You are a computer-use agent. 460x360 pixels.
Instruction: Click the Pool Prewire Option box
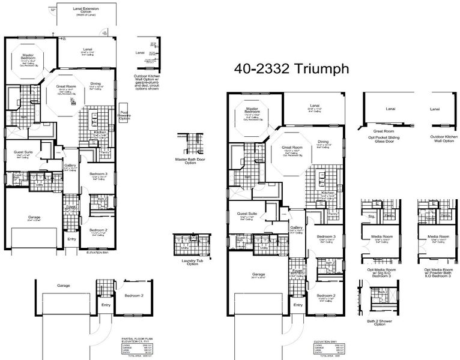[x=124, y=116]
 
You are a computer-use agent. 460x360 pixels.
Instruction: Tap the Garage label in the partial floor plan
[x=63, y=285]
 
